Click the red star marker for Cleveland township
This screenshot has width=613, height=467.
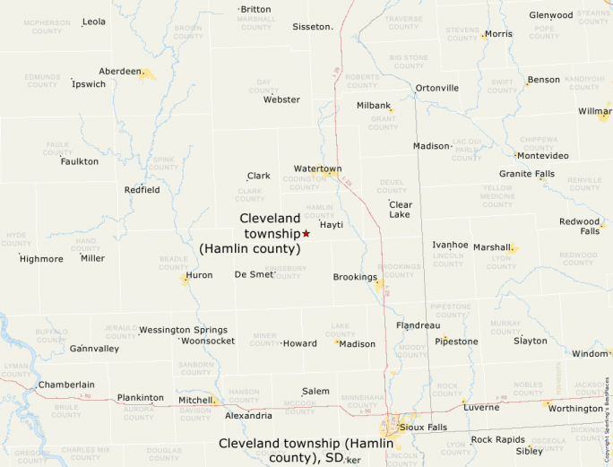(x=306, y=233)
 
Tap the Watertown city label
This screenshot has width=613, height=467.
(x=317, y=169)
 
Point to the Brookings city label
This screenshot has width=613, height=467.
(x=355, y=277)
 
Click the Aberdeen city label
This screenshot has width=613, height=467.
(x=120, y=71)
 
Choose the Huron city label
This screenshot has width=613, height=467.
(x=199, y=275)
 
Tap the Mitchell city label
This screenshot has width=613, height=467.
(x=195, y=400)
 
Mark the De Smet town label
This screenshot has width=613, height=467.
(x=254, y=274)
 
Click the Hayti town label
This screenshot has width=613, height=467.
(x=332, y=225)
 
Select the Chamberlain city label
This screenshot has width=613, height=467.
(x=66, y=385)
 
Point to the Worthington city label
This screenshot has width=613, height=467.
(x=575, y=409)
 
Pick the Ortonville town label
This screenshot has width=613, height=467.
(x=436, y=88)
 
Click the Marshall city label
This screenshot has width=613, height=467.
(x=492, y=247)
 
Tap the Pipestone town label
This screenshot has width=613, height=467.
(x=456, y=342)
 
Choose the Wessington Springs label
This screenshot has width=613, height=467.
(x=183, y=330)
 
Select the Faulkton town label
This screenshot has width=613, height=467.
(x=80, y=161)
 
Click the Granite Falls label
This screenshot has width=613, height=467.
(x=527, y=174)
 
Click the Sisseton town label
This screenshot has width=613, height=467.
(x=312, y=27)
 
